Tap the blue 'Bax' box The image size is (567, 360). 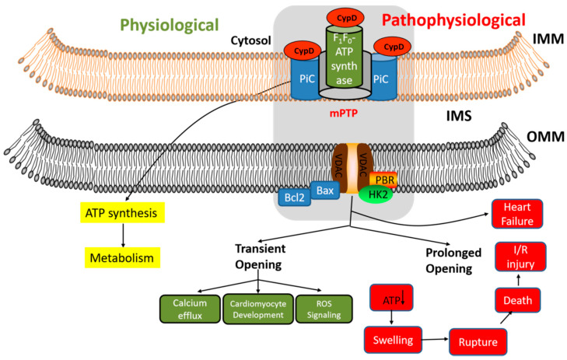321,189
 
